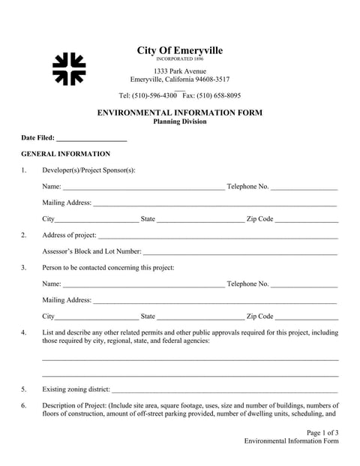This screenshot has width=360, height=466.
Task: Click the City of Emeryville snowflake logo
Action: point(69,69)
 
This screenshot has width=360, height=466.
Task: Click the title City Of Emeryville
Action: point(179,50)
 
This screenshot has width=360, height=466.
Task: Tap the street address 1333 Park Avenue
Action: point(179,71)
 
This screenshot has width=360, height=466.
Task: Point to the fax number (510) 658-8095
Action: point(211,95)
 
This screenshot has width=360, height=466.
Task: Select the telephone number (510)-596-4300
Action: point(154,95)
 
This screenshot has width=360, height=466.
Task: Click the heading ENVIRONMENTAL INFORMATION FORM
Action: point(180,113)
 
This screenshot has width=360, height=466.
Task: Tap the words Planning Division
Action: point(180,121)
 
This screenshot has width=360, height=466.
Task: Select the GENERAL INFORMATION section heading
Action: point(65,154)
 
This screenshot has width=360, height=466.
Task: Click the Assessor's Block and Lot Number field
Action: point(240,253)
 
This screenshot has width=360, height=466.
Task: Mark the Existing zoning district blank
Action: point(225,391)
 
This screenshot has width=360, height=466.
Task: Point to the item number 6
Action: point(24,407)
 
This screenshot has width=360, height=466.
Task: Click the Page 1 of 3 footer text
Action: point(322,433)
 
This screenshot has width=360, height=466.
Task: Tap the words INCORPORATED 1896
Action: point(179,59)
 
